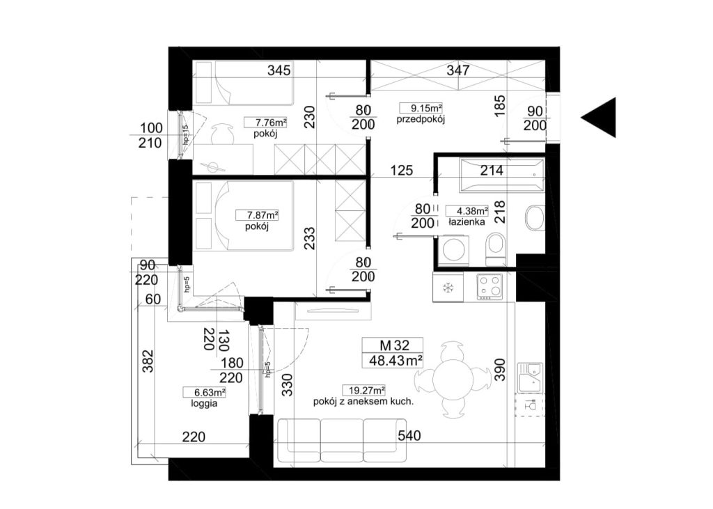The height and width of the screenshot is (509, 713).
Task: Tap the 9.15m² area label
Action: (421, 108)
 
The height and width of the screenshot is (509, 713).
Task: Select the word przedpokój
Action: (420, 120)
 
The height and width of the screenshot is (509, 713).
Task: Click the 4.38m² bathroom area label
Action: (467, 211)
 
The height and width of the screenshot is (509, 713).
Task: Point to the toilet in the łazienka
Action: (496, 249)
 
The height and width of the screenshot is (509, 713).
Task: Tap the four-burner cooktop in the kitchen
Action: (489, 287)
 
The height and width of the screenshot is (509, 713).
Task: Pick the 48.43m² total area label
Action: (393, 361)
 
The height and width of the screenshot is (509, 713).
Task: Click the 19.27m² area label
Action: (364, 390)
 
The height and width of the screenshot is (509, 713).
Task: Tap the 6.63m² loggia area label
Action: (204, 392)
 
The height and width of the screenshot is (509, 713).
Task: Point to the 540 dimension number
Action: (409, 436)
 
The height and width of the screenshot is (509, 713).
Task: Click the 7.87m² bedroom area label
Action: (257, 215)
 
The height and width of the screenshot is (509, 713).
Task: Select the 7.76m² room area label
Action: (265, 123)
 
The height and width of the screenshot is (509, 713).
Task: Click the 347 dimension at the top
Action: (458, 70)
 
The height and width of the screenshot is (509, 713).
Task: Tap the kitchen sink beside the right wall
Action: (530, 377)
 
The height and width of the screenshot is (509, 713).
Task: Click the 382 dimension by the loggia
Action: (148, 361)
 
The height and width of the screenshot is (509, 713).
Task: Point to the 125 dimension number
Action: (402, 171)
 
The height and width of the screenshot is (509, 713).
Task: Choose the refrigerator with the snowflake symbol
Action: (448, 288)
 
